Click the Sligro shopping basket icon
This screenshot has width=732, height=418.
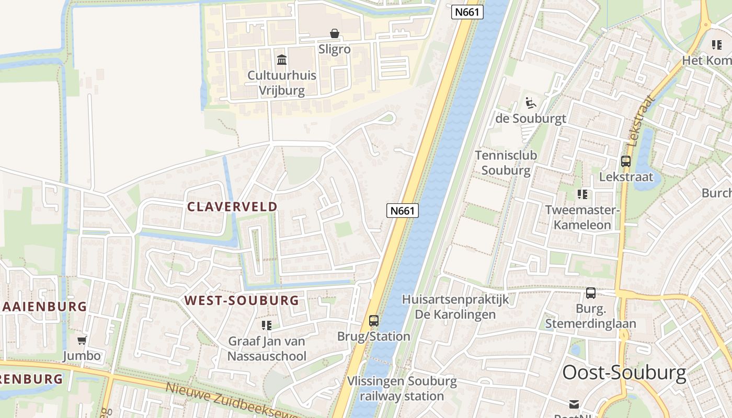tap(335, 34)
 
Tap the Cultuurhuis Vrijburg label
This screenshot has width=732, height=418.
tap(282, 83)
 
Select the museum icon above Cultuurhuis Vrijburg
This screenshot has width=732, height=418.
tap(282, 60)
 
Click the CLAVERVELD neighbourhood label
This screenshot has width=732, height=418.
tap(232, 206)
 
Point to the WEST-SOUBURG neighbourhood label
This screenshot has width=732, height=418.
tap(242, 300)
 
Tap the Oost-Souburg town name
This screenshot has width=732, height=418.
tap(624, 373)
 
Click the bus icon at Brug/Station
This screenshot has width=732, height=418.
tap(373, 321)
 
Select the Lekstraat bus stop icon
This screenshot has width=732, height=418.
tap(625, 161)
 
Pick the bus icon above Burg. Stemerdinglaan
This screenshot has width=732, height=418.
tap(590, 293)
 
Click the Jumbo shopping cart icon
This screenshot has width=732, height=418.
tap(82, 341)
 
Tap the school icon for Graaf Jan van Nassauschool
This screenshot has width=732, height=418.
tap(267, 326)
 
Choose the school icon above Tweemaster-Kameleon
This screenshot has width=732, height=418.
tap(582, 195)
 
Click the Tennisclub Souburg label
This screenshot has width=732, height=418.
tap(506, 162)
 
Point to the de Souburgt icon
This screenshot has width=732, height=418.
tap(530, 102)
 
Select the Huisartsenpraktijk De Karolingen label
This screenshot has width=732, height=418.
tap(455, 307)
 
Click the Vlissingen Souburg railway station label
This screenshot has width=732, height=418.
tap(402, 388)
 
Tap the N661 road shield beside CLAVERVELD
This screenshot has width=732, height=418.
tap(403, 211)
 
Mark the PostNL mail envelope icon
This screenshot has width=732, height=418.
tap(574, 404)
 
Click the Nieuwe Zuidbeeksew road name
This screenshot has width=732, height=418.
tap(230, 399)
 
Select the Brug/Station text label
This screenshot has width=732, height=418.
tap(373, 336)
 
